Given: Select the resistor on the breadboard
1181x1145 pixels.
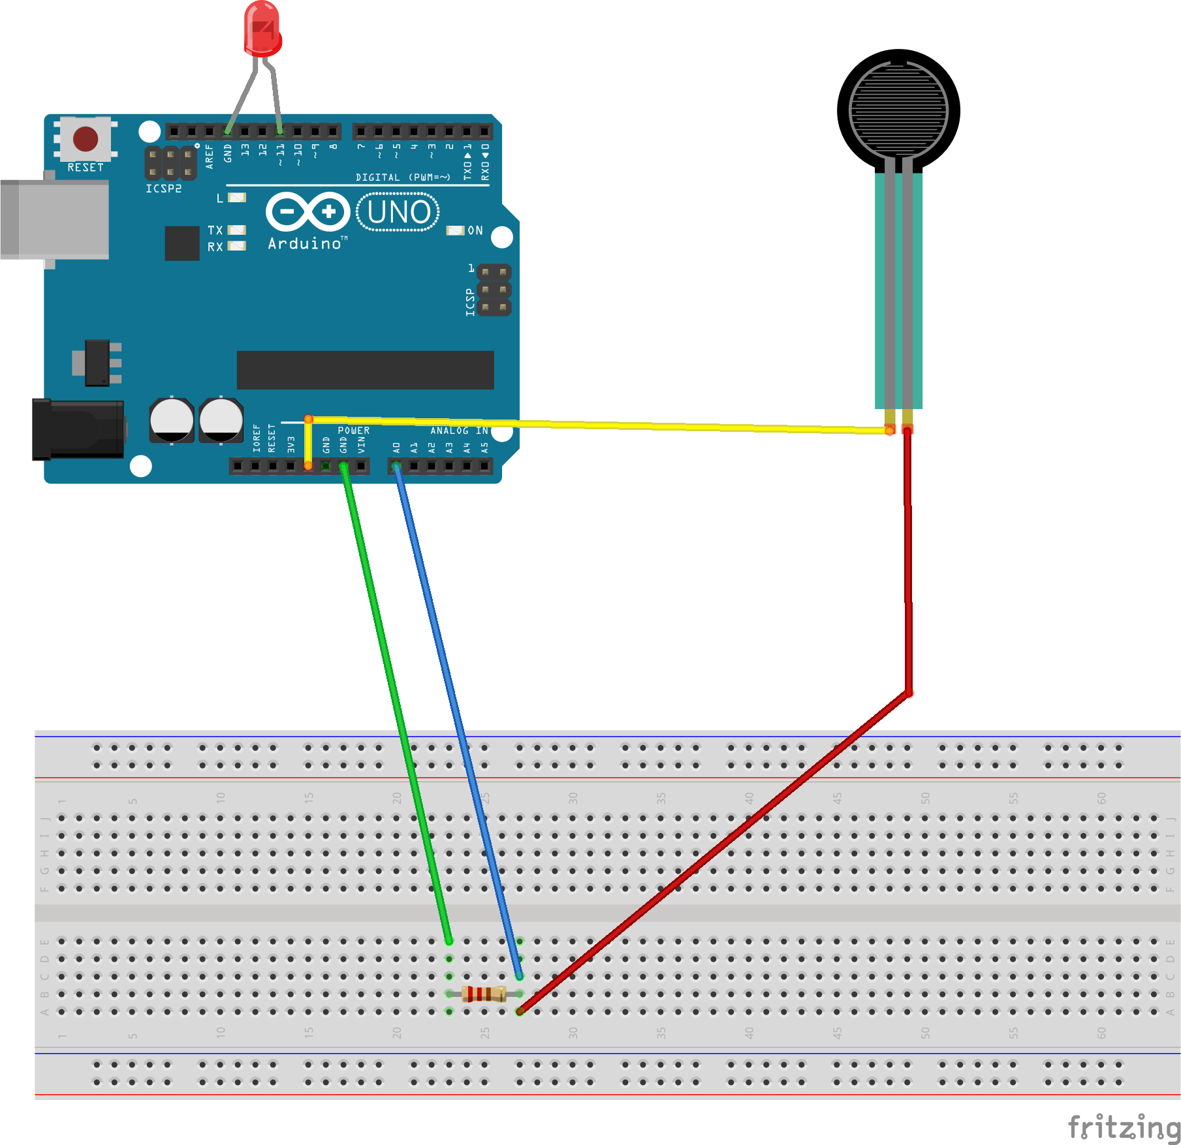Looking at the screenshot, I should [x=484, y=994].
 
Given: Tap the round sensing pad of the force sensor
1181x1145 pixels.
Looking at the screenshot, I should [x=898, y=110].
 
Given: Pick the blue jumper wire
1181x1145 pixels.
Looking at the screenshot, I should [x=457, y=718].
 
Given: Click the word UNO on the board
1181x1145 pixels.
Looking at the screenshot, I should [x=399, y=212].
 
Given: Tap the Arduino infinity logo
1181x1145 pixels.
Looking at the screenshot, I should [x=307, y=211].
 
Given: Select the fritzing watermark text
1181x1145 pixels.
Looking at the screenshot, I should [x=1123, y=1127].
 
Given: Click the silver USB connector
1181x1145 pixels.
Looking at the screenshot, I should [x=55, y=220].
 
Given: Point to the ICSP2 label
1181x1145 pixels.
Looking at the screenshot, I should [x=163, y=189].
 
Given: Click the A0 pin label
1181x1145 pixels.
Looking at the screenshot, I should [x=396, y=448].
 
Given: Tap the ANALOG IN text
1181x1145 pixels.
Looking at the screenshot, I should [x=459, y=431].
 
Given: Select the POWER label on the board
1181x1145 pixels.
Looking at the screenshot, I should [x=353, y=431].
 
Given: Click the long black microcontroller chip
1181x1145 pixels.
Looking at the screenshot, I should [x=365, y=370].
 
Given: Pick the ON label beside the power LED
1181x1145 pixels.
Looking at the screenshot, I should [x=475, y=230].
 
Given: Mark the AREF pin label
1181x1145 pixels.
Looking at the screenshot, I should [x=210, y=157].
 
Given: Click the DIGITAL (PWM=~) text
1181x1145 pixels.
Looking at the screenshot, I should [x=403, y=177].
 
